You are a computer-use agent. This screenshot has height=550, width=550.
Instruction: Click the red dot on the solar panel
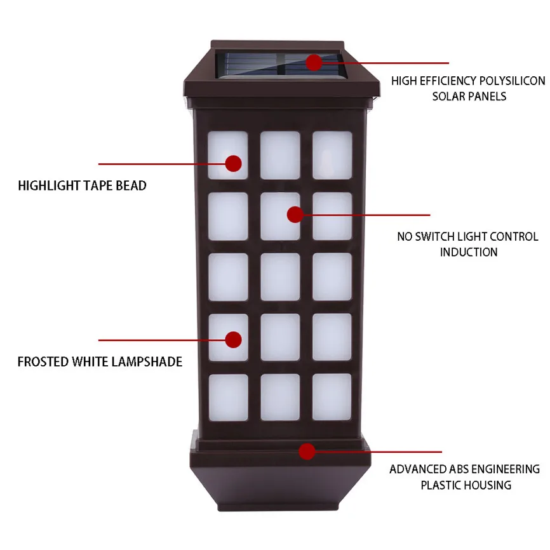point(313,62)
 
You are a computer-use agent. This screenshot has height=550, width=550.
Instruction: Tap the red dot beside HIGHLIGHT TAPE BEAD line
point(234,163)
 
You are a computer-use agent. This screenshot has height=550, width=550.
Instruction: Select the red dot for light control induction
point(294,214)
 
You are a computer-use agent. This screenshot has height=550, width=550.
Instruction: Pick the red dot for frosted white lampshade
point(234,339)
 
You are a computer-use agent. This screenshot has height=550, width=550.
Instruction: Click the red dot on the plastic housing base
point(307,452)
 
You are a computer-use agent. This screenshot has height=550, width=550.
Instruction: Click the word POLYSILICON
point(511,81)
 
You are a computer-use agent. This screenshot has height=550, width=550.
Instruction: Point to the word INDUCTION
point(469,252)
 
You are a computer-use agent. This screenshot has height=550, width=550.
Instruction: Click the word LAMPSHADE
point(147,362)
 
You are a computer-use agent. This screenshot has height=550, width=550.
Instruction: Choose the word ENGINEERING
point(506,469)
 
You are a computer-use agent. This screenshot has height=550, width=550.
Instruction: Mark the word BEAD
point(133,186)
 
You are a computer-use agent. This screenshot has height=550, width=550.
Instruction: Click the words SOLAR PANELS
point(469,97)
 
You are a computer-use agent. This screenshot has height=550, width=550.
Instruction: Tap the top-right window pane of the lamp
point(332,155)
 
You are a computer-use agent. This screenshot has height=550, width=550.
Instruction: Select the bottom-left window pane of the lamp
point(228,397)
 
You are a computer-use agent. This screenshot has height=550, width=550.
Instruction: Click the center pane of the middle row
point(280,277)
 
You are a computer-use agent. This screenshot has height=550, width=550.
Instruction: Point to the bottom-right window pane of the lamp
point(332,397)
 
